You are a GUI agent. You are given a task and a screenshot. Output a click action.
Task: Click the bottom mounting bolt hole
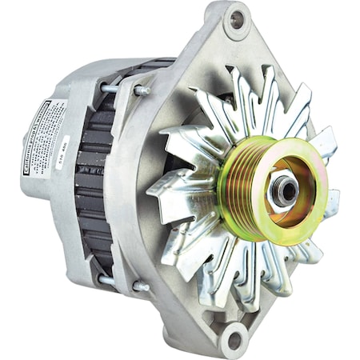click(x=231, y=338)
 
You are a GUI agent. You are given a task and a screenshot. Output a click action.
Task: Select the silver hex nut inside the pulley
click(x=282, y=190)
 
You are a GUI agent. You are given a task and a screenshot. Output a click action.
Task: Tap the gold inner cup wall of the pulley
click(x=304, y=180)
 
